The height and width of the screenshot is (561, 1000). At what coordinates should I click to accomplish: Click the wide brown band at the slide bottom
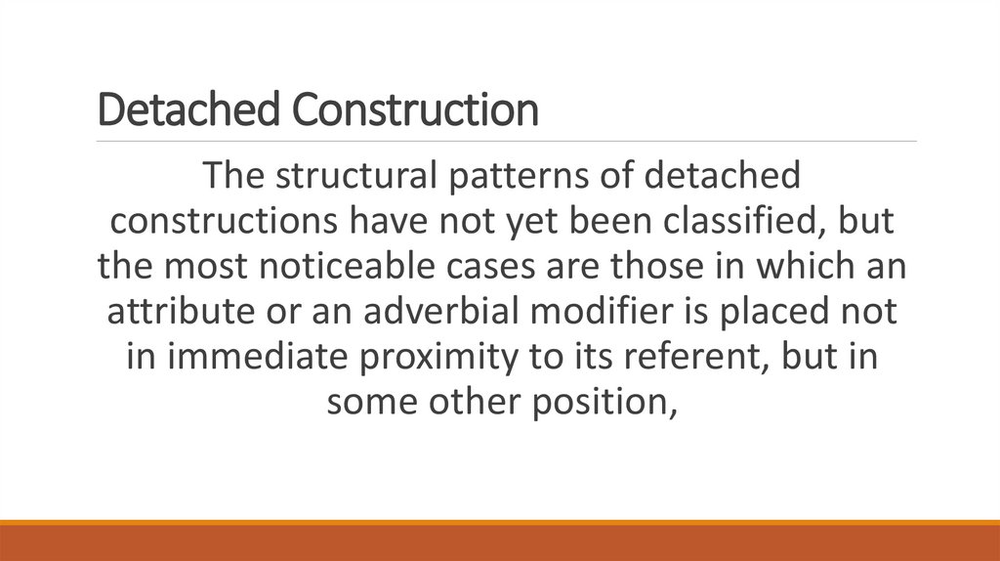click(x=500, y=543)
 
